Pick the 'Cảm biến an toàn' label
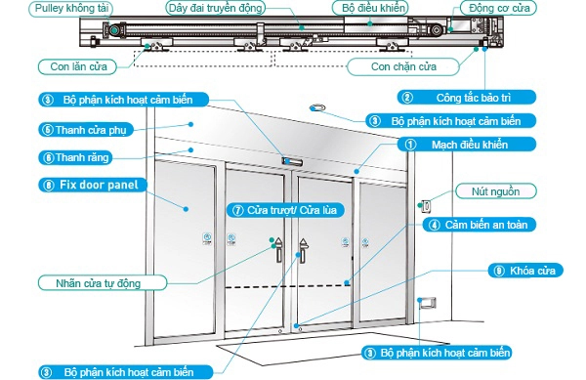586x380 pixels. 485,224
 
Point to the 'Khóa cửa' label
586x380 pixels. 523,271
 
